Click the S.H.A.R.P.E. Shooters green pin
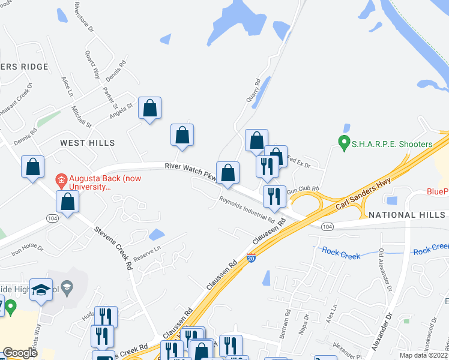coord(344,143)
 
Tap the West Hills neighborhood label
coord(87,142)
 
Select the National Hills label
coord(408,215)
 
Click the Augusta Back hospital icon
coord(61,179)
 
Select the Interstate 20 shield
coord(252,259)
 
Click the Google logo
coord(20,353)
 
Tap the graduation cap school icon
coord(41,290)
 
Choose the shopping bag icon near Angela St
coord(150,109)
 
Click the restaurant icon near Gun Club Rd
coord(274,196)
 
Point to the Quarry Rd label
coord(253,91)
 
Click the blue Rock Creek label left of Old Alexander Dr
coord(340,254)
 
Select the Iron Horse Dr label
coord(24,250)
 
